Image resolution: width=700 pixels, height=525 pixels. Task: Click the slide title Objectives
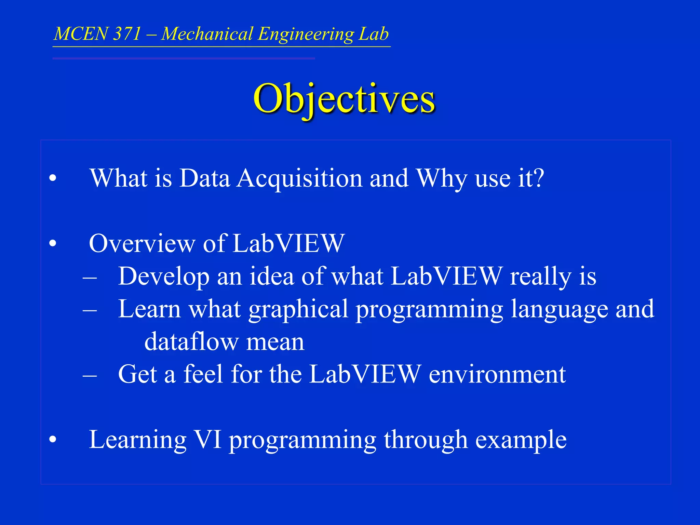coord(344,99)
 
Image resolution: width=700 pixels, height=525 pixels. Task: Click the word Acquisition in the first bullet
coord(299,178)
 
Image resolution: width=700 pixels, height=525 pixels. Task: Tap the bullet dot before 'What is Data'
coord(52,178)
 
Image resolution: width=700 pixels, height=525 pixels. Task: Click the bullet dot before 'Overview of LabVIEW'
coord(52,243)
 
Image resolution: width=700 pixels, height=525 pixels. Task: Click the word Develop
coord(164,277)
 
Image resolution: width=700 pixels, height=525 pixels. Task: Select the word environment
coord(497,374)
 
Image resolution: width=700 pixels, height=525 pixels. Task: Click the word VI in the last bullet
coord(207,440)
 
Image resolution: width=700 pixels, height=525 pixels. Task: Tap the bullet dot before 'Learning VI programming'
coord(52,440)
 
